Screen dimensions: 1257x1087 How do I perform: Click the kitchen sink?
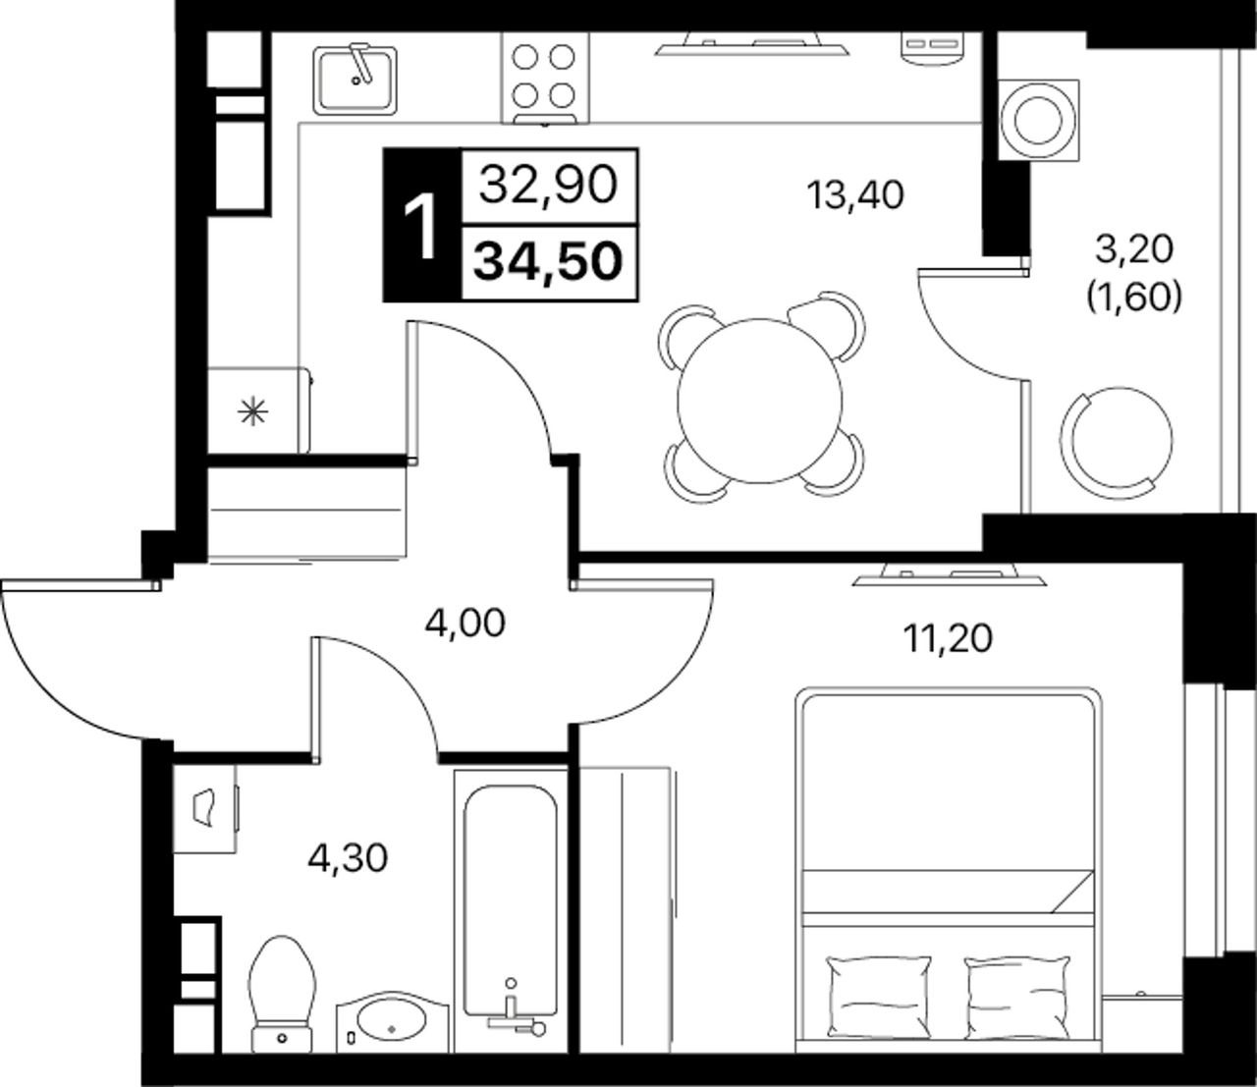(x=355, y=81)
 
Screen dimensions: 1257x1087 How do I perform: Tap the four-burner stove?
(x=545, y=78)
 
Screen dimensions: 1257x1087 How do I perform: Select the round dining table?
(x=760, y=401)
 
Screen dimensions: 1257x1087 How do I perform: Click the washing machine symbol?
(x=1039, y=119)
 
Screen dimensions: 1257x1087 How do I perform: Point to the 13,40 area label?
(x=855, y=195)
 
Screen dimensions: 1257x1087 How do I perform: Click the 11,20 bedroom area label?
(x=948, y=638)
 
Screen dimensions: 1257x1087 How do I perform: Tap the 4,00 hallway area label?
(x=465, y=624)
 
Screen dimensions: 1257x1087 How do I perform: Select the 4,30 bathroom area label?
(x=348, y=858)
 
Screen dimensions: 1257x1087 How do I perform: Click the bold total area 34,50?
(x=549, y=262)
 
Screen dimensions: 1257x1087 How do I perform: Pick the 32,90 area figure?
(x=549, y=186)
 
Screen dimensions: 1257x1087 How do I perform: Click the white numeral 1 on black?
(x=421, y=226)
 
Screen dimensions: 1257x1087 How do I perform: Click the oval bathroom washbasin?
(x=392, y=1022)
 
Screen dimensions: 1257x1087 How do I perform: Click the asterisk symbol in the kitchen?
(x=252, y=413)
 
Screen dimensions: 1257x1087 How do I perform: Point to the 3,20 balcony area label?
(x=1134, y=250)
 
